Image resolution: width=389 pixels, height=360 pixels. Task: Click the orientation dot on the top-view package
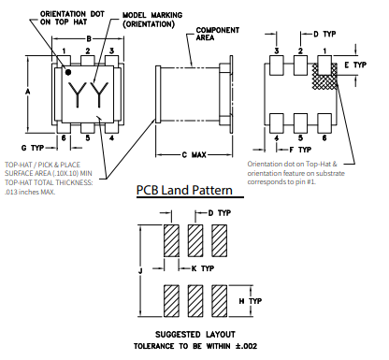(67, 71)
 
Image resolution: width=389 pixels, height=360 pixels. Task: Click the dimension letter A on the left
(28, 91)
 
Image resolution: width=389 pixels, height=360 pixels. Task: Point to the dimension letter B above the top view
(89, 38)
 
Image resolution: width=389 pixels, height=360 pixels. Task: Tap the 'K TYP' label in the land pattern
(203, 268)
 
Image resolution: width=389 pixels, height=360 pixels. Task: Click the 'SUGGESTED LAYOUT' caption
(194, 334)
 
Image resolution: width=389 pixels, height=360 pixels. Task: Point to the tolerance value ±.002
(247, 347)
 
